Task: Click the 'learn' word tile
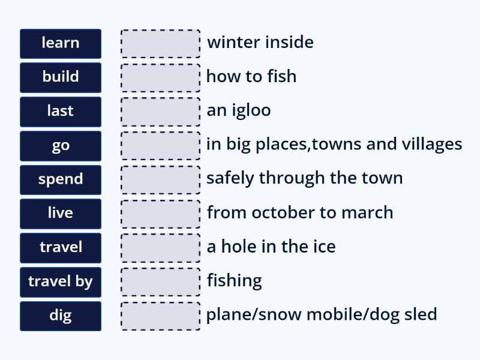point(60,43)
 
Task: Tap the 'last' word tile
point(60,111)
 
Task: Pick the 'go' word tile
point(60,145)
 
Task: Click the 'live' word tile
point(60,213)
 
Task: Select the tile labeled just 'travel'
point(60,247)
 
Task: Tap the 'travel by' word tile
point(60,281)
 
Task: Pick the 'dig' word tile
point(60,315)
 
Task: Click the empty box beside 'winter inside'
point(160,43)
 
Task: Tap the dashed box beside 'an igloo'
point(160,111)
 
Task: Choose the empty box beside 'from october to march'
point(160,213)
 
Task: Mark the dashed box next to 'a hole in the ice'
point(160,247)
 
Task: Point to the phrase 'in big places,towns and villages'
point(334,145)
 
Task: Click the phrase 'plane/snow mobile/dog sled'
point(321,314)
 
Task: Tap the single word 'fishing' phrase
point(234,281)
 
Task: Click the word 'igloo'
point(251,110)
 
